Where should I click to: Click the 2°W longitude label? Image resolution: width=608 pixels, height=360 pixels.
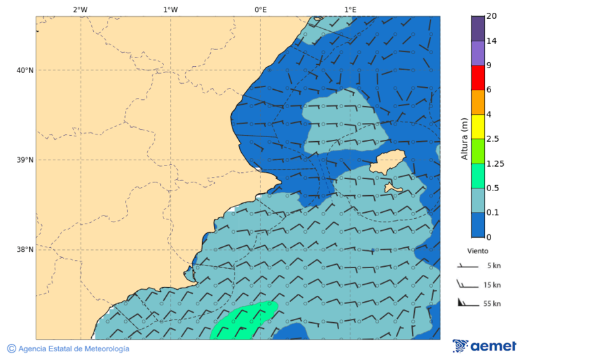click(80, 9)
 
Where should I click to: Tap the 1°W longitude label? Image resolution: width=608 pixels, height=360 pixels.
click(170, 9)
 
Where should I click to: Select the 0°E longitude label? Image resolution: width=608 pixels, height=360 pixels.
click(260, 9)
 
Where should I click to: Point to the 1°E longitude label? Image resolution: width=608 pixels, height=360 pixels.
click(350, 9)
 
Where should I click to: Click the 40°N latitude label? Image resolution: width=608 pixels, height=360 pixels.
click(25, 70)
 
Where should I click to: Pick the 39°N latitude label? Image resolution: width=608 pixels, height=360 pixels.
click(25, 160)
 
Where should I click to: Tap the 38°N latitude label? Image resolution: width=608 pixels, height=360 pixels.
click(25, 250)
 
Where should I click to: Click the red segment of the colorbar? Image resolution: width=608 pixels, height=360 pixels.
click(478, 77)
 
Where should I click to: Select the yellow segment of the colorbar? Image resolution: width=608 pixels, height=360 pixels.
click(478, 126)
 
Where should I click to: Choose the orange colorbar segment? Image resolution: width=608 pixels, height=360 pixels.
click(478, 102)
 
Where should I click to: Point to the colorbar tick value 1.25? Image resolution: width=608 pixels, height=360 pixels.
click(495, 163)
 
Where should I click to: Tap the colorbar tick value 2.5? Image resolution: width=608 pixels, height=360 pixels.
click(492, 139)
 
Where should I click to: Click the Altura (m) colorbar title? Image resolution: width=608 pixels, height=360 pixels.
click(464, 138)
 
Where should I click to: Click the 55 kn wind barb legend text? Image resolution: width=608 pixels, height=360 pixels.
click(492, 304)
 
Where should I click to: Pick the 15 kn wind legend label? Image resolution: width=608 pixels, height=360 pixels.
click(492, 285)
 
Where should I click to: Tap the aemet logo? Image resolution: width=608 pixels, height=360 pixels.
click(484, 346)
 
